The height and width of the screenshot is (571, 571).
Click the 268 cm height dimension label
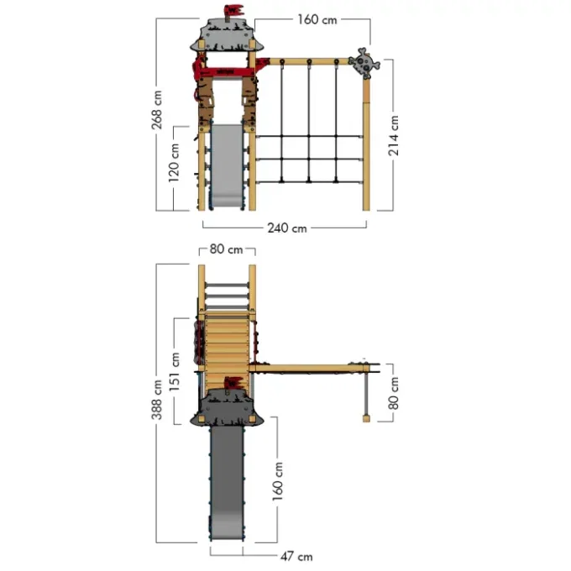(x=157, y=110)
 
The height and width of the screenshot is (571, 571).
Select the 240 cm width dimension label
(x=287, y=228)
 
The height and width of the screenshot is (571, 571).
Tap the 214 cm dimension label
(x=393, y=135)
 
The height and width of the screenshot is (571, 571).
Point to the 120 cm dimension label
(x=174, y=163)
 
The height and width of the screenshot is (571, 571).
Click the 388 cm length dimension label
(x=157, y=400)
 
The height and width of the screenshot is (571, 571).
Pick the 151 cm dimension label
(x=175, y=372)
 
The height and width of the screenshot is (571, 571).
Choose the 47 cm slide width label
(x=296, y=557)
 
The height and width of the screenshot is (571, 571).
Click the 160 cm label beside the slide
(x=278, y=481)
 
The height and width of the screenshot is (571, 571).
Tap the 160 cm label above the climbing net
(x=317, y=19)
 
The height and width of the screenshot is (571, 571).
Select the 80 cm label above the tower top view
(x=226, y=249)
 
